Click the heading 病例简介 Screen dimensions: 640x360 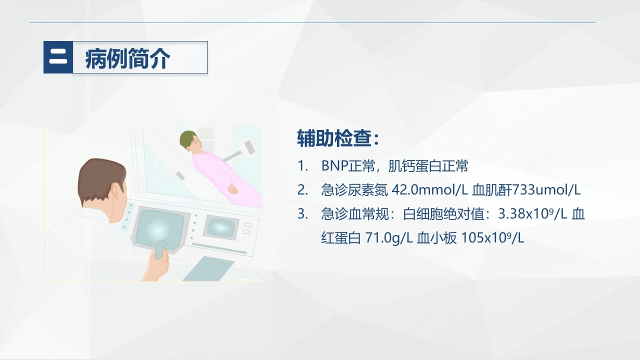(127, 58)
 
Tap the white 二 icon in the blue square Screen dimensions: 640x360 (58, 57)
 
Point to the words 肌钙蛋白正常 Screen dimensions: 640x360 (428, 165)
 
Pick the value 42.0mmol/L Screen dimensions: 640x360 (429, 190)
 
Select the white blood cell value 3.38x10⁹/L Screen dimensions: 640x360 (532, 213)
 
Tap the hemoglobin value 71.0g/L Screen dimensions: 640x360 (389, 237)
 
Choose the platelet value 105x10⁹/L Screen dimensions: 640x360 (493, 237)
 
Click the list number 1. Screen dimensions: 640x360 (302, 165)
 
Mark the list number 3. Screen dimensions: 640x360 (302, 213)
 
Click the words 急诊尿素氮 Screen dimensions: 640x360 (354, 190)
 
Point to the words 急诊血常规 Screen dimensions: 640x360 (354, 213)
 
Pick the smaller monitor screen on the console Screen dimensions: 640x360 (221, 227)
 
